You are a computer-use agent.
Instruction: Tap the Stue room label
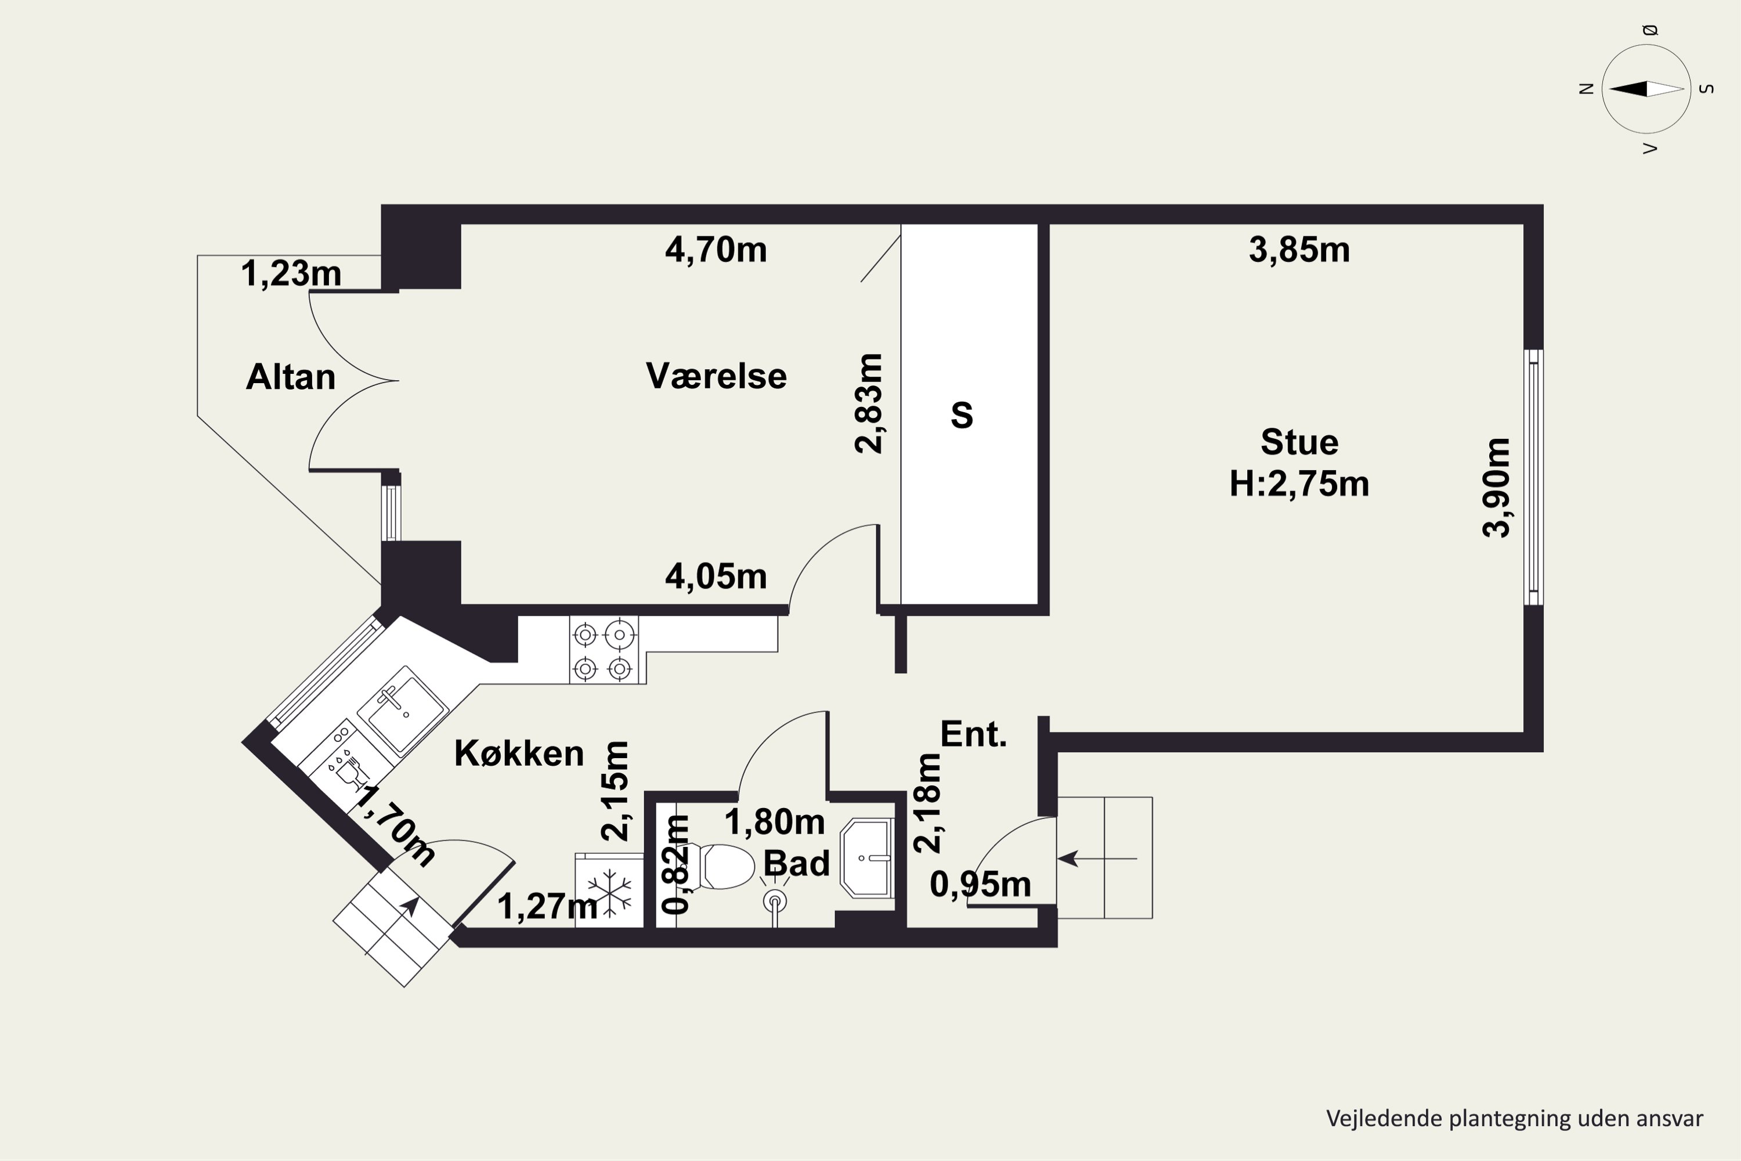(x=1299, y=442)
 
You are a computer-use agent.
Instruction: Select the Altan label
(x=290, y=377)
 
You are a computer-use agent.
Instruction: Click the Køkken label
(x=519, y=753)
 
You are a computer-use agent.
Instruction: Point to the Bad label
(x=796, y=863)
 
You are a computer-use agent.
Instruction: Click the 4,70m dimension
(x=716, y=250)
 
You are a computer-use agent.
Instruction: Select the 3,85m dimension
(x=1299, y=250)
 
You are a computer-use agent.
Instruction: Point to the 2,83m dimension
(x=869, y=403)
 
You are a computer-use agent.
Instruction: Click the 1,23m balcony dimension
(x=291, y=274)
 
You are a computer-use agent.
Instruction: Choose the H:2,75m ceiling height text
(x=1299, y=484)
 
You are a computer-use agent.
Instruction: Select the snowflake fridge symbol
(x=609, y=890)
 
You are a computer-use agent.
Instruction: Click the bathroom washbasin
(x=867, y=858)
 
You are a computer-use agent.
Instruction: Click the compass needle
(x=1646, y=89)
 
